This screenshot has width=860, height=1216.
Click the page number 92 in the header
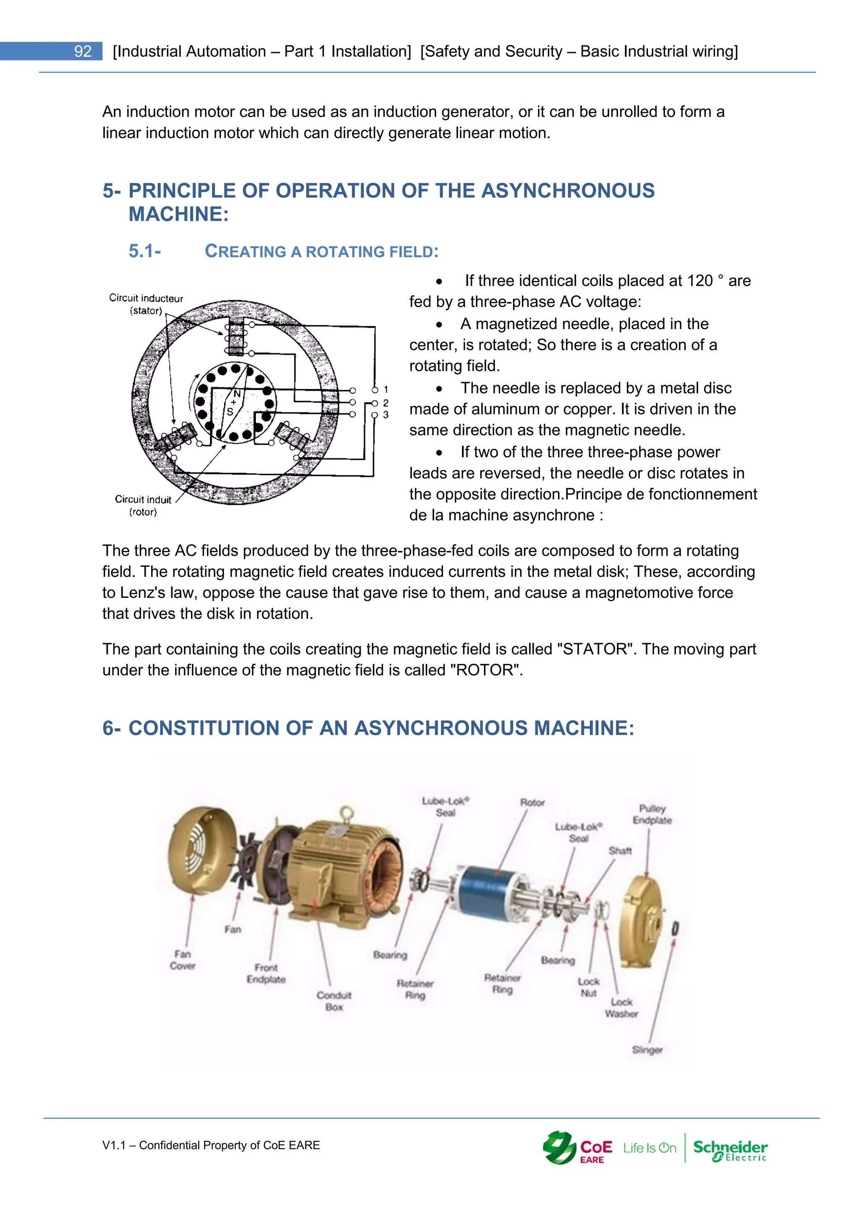[x=83, y=51]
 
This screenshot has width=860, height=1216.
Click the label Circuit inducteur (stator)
[x=146, y=304]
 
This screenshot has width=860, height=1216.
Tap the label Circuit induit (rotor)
[x=143, y=505]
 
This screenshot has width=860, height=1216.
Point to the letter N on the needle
[x=237, y=394]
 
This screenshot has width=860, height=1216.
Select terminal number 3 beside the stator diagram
[x=385, y=415]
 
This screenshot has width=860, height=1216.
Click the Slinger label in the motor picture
[x=647, y=1050]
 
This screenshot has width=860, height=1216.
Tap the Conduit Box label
[x=333, y=1001]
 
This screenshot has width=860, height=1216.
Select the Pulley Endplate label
[x=652, y=815]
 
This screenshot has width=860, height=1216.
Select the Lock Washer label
[x=621, y=1008]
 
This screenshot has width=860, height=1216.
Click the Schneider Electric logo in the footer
[x=730, y=1149]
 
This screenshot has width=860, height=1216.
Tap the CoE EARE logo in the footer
[x=577, y=1148]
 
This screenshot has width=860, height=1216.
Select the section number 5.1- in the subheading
[x=144, y=251]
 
